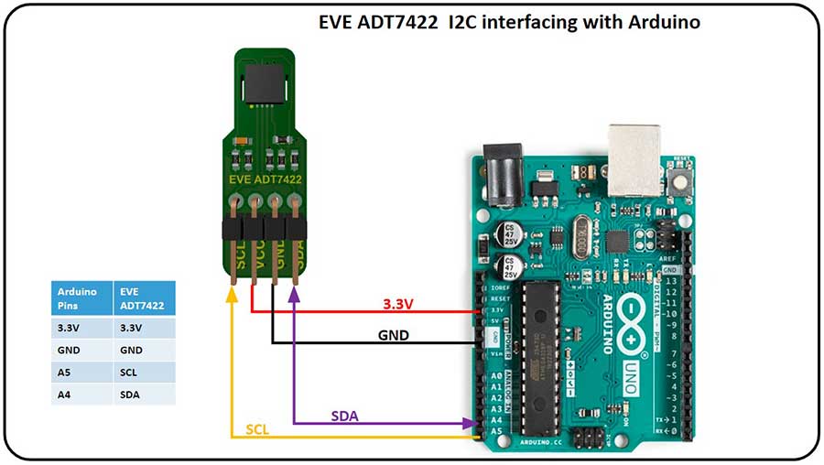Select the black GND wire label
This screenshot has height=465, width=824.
pos(393,336)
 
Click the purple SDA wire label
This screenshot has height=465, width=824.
pos(344,416)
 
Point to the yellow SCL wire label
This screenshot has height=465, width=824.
pos(257,429)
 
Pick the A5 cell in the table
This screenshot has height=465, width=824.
pos(80,373)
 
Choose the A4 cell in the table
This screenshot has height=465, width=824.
pos(80,395)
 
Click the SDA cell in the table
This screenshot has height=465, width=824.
pos(143,395)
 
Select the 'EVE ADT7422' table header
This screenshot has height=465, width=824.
pos(143,298)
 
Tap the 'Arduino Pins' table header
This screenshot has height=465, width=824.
pos(80,298)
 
